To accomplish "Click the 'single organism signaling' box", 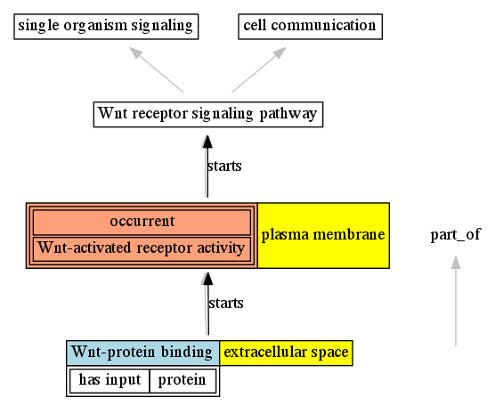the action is [x=106, y=27].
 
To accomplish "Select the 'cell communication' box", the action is [x=311, y=27].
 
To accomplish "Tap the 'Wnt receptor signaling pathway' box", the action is [x=208, y=114].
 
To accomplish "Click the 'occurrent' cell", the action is [x=142, y=222].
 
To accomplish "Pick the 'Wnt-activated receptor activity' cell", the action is [x=142, y=248].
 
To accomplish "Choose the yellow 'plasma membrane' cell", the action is [x=323, y=236].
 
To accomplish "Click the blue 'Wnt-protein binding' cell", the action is [x=143, y=353].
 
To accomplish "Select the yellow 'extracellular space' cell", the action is [x=286, y=353].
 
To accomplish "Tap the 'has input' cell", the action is [x=110, y=380].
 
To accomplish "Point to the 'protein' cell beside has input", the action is [x=183, y=380].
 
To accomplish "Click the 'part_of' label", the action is [x=456, y=235].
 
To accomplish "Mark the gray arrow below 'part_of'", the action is [x=456, y=301].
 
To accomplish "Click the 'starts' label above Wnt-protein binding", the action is [x=226, y=304].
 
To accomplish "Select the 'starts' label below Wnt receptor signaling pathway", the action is [x=224, y=166].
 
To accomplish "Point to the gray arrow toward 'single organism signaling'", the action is [x=157, y=69].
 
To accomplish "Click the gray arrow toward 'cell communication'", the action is [x=259, y=69].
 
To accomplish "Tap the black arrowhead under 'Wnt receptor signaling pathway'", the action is [x=207, y=142].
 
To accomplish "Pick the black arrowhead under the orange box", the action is [x=207, y=279].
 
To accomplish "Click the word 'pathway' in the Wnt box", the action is [x=288, y=115].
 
